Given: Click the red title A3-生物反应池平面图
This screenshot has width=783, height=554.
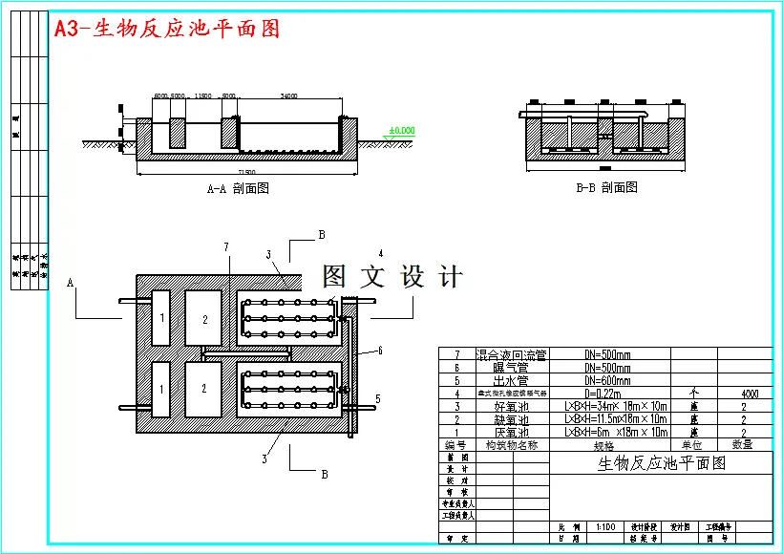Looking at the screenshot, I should [167, 29].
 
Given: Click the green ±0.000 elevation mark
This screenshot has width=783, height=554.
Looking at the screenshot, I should [402, 130].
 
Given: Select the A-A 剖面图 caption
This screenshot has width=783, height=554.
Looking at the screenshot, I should [238, 188].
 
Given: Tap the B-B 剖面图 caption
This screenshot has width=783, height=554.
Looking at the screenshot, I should [606, 187].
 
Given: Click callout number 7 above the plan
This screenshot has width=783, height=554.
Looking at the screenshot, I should [226, 247].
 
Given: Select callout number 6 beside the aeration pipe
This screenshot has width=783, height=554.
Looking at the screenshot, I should [379, 351].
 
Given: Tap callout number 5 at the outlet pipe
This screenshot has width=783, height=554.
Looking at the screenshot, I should [377, 398].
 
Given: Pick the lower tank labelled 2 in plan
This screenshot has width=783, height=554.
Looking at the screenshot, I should [203, 389].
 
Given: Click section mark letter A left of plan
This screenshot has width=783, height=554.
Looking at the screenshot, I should [70, 283].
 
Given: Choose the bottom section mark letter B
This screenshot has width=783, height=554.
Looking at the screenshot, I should [324, 473].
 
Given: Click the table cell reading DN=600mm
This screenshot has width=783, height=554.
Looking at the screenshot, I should [606, 379].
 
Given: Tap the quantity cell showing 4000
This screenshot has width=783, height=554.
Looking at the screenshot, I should [743, 393].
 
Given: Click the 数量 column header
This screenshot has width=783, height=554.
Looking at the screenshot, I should [743, 444].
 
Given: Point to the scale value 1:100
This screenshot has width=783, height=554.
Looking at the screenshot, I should [603, 526].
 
